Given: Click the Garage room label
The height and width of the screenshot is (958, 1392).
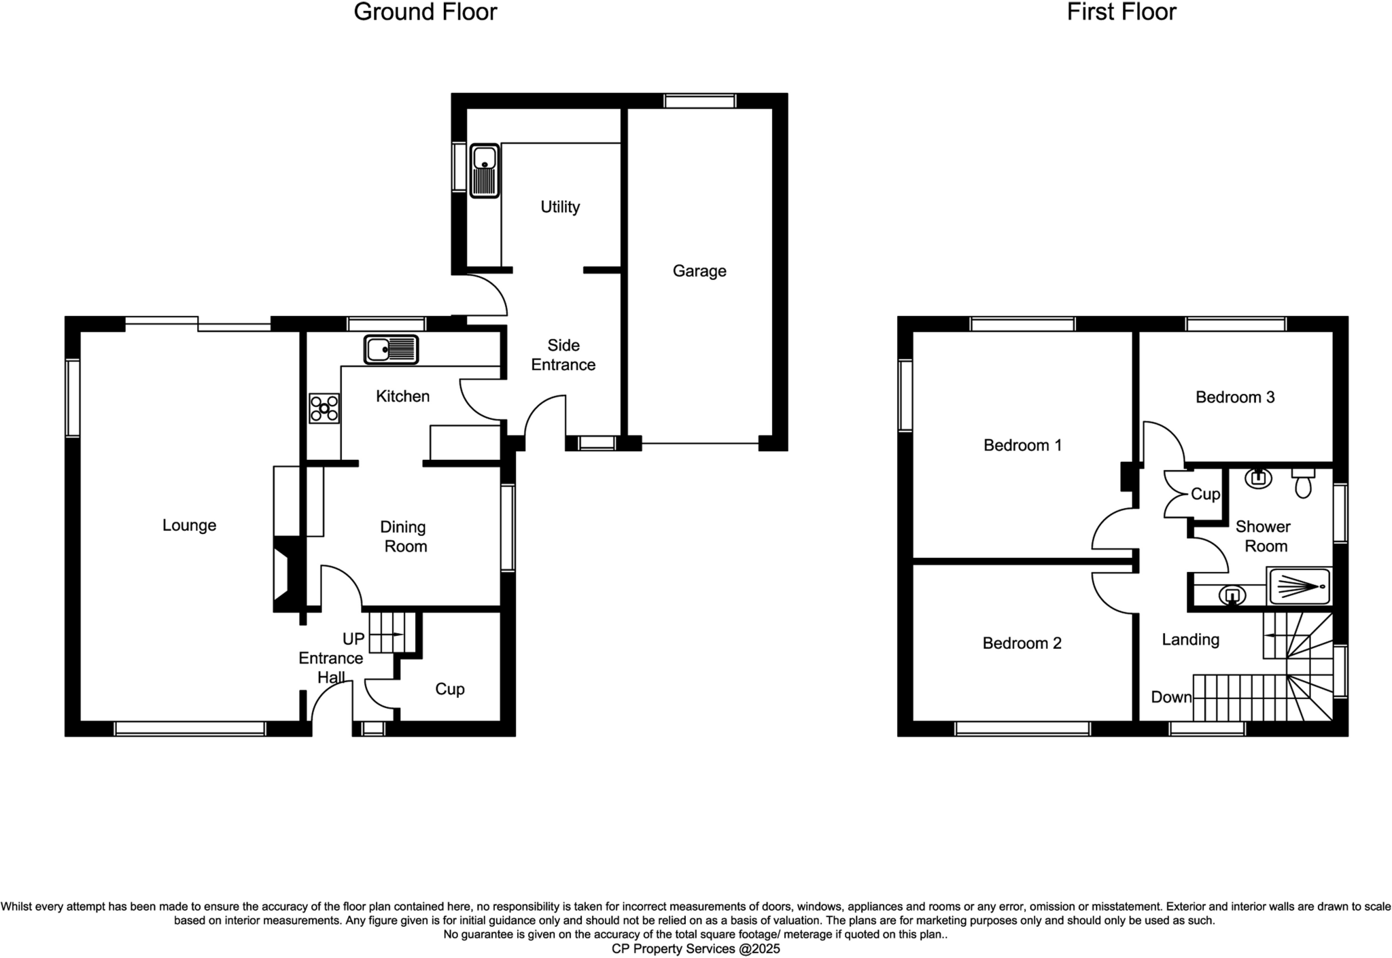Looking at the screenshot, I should tap(699, 271).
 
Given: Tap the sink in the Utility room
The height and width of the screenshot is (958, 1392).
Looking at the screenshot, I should tap(485, 171).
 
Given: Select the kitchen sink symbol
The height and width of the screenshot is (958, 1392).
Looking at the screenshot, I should tap(391, 350).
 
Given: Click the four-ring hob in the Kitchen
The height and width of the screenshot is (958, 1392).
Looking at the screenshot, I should tap(324, 408).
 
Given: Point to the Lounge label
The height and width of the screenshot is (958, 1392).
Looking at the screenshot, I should tap(189, 525).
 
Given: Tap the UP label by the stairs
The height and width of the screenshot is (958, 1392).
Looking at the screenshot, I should tap(353, 639).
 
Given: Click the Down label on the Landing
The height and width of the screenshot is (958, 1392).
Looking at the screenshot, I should tap(1171, 697).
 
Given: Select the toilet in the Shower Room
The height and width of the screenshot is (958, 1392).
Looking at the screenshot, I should tap(1303, 483).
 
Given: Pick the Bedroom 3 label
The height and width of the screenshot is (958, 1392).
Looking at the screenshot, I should tap(1235, 397).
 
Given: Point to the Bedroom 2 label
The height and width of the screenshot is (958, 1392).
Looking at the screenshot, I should tap(1022, 643).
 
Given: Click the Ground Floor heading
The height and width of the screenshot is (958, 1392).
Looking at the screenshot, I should tap(425, 12).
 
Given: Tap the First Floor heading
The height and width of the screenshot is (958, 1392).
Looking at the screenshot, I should tap(1121, 12).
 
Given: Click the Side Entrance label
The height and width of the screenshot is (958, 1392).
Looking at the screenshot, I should tap(563, 355).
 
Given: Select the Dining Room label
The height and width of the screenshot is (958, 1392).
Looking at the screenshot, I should tap(404, 536).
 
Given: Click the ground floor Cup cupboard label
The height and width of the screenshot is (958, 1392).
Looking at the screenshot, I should tap(449, 689).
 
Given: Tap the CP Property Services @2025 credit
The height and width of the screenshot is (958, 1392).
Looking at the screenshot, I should tap(695, 949).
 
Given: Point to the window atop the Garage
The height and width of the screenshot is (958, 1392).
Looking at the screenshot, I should tap(700, 102).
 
